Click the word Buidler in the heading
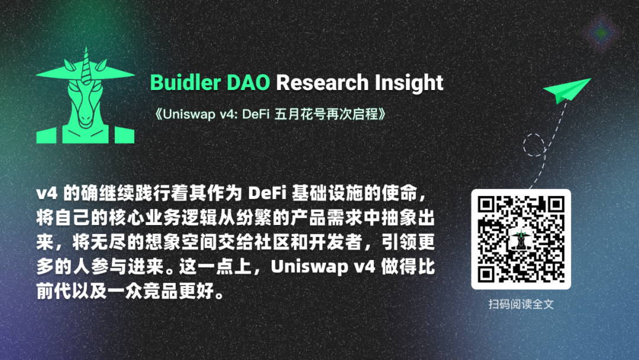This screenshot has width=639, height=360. [x=185, y=82]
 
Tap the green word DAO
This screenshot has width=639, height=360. [x=248, y=82]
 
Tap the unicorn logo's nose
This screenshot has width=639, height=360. [x=85, y=119]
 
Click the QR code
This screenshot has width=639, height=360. [x=521, y=239]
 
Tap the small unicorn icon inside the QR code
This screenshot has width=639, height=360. [x=521, y=239]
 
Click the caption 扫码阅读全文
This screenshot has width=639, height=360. [x=521, y=304]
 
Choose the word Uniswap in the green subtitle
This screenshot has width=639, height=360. [x=189, y=114]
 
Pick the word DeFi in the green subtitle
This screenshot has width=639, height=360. [x=256, y=114]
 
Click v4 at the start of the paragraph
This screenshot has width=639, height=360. [x=47, y=193]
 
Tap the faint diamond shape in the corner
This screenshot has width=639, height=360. [x=602, y=33]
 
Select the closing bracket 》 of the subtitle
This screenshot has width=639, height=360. [x=382, y=114]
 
